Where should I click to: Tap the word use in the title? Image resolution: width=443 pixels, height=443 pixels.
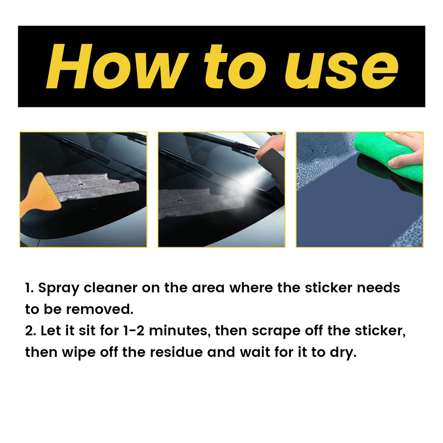pyautogui.click(x=342, y=69)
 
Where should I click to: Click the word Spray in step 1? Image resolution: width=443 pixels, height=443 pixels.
pyautogui.click(x=58, y=288)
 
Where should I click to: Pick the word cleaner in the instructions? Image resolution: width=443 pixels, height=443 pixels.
pyautogui.click(x=111, y=288)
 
